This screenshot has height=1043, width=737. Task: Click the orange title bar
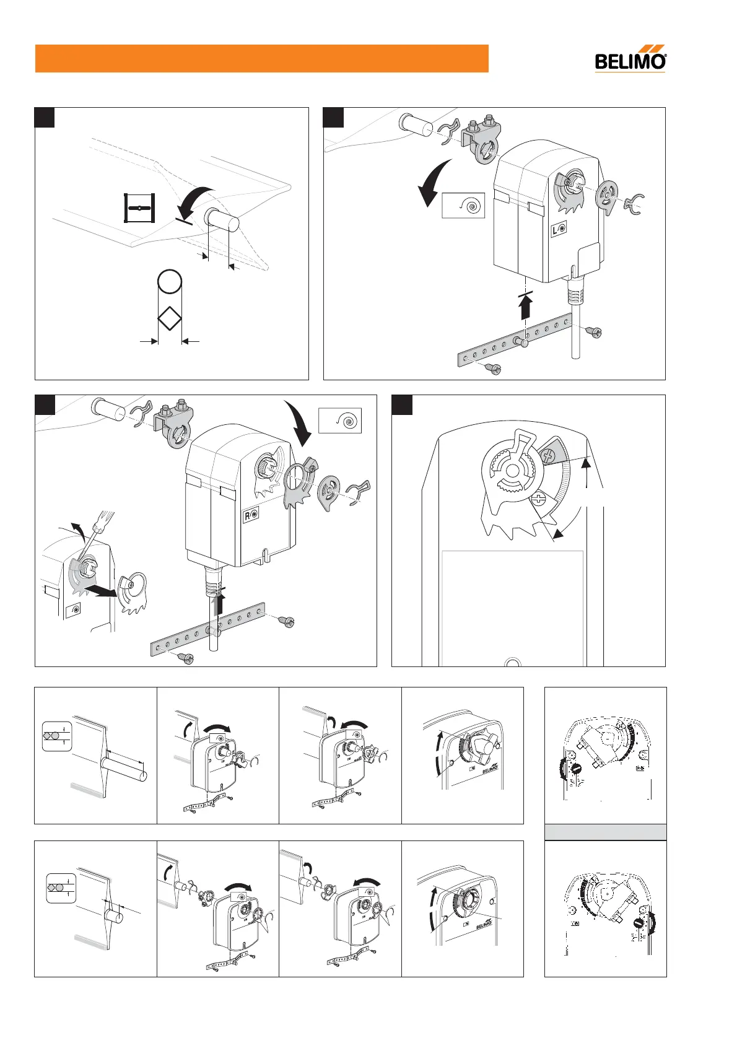pyautogui.click(x=261, y=58)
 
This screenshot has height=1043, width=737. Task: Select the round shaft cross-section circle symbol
pyautogui.click(x=170, y=282)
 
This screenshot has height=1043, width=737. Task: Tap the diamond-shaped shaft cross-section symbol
pyautogui.click(x=170, y=320)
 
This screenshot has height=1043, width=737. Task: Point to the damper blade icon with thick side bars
pyautogui.click(x=140, y=207)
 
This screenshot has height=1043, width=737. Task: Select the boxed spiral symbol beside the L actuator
pyautogui.click(x=463, y=205)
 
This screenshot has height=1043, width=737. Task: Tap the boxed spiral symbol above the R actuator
pyautogui.click(x=340, y=421)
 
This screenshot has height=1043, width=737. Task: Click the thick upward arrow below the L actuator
pyautogui.click(x=526, y=307)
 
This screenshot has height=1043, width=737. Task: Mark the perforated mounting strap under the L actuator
pyautogui.click(x=514, y=341)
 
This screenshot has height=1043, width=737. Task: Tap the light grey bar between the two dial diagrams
pyautogui.click(x=605, y=832)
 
